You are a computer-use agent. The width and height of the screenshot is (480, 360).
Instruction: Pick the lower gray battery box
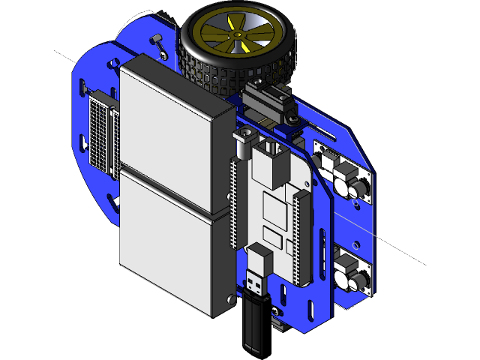point(169,240)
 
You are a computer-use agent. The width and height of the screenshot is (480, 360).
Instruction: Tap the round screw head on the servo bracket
point(292,120)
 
